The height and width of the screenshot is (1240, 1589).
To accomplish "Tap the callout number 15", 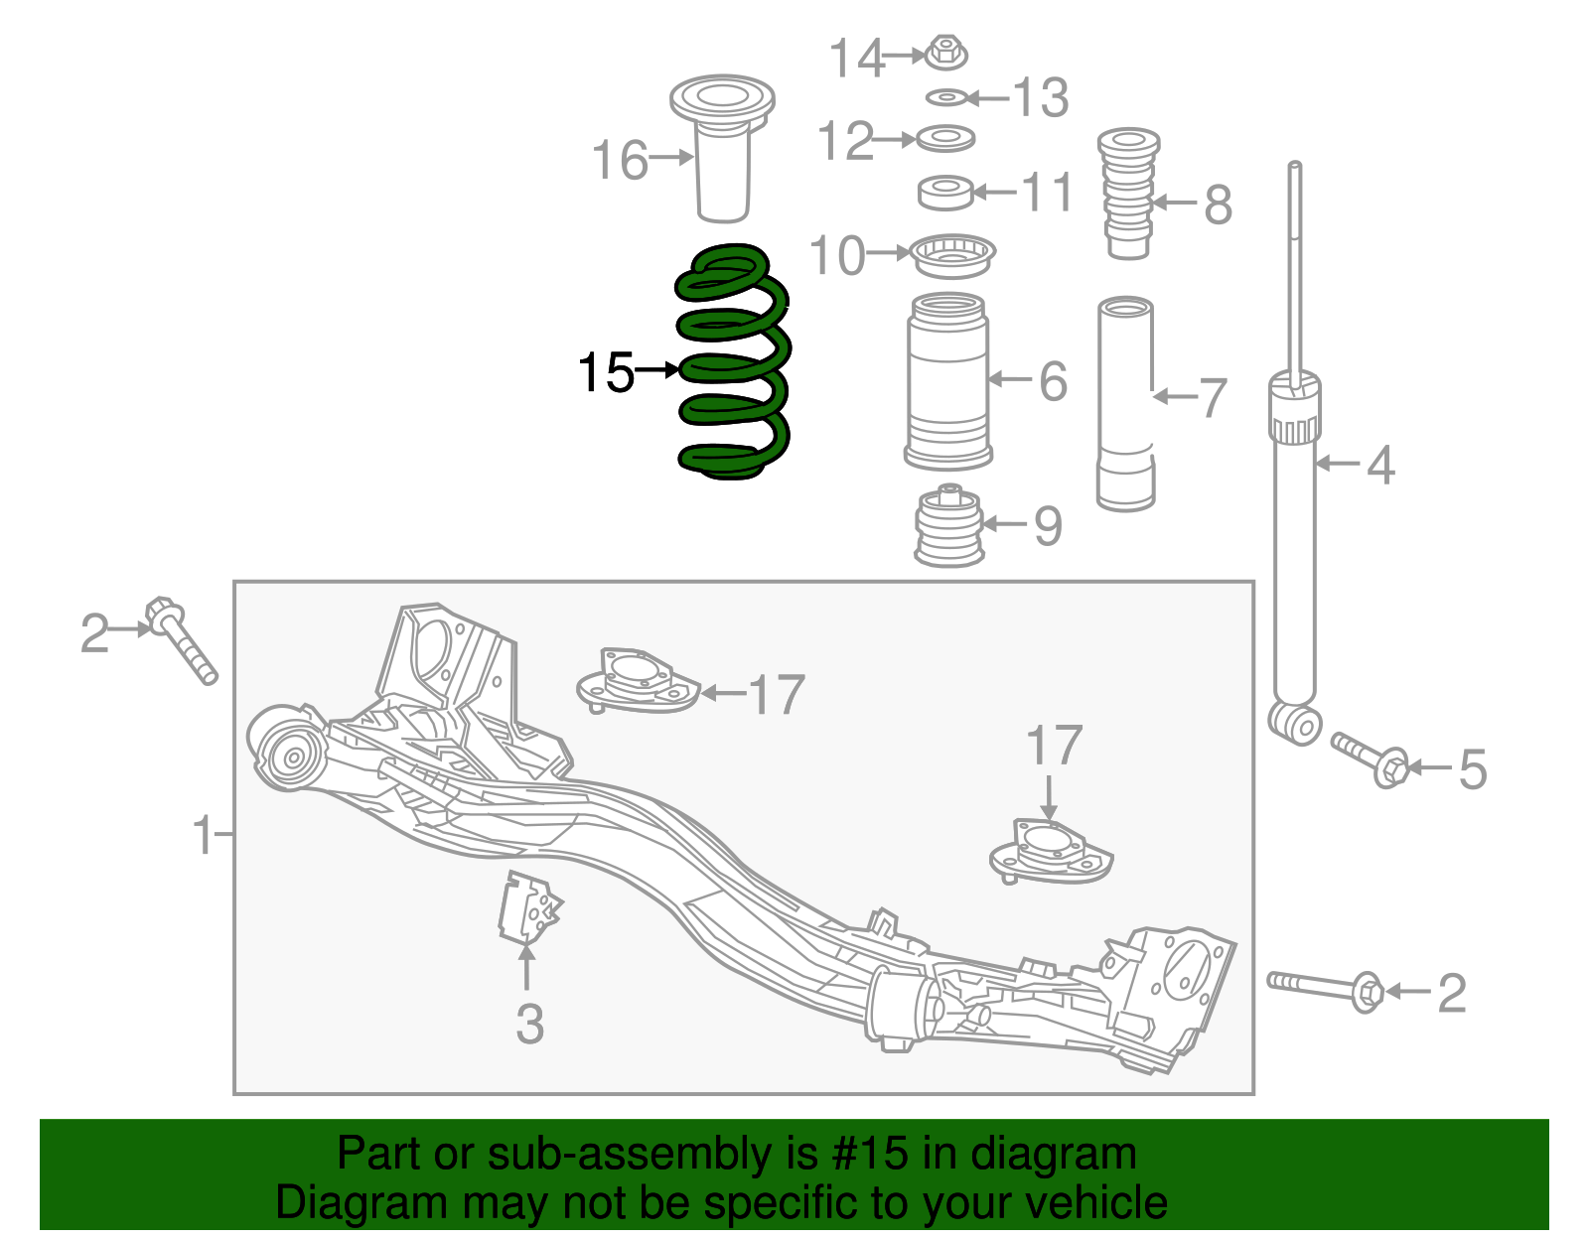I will (605, 373).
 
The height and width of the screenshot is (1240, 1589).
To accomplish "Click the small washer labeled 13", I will (946, 97).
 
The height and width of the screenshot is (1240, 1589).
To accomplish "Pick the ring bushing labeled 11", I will (944, 193).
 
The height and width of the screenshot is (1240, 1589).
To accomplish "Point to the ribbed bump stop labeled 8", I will (1128, 194).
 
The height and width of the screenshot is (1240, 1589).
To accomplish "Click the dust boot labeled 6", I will (947, 382).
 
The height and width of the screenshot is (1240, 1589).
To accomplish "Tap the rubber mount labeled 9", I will (949, 526).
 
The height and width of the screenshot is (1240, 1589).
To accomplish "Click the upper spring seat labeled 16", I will (722, 149).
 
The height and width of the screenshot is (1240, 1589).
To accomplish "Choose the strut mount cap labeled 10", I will (952, 256).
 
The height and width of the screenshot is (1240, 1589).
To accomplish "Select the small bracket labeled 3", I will (529, 905).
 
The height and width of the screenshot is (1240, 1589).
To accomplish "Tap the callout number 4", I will (1380, 466).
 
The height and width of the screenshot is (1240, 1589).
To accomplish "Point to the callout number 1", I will (204, 835).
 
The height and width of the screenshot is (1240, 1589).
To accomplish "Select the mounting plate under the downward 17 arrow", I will (1051, 853).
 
